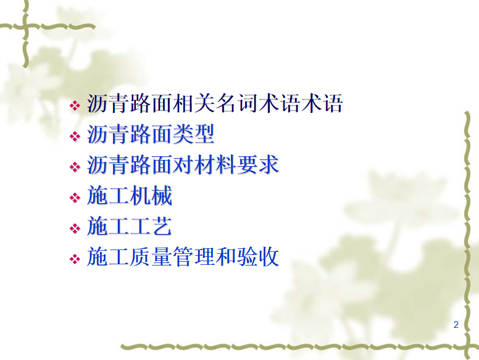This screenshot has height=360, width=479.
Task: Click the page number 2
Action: click(456, 325)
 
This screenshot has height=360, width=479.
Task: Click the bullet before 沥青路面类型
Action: click(75, 136)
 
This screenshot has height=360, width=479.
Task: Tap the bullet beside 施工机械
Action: click(75, 198)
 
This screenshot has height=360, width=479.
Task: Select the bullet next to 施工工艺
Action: click(75, 228)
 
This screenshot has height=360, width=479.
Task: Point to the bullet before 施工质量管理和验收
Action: click(75, 259)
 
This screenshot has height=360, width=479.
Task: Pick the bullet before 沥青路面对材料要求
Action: click(75, 167)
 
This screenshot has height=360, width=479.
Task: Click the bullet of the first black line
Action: click(75, 106)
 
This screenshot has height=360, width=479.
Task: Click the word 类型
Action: click(193, 134)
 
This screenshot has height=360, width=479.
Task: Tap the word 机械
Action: click(151, 196)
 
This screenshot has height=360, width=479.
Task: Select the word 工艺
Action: click(151, 226)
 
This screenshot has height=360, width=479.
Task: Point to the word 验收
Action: click(258, 257)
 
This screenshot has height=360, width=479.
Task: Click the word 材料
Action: click(215, 165)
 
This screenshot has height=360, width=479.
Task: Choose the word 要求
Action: click(258, 165)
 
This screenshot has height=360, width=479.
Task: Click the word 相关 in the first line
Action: click(193, 104)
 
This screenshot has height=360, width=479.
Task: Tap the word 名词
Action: click(236, 104)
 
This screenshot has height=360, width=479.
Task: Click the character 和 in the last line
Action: click(226, 257)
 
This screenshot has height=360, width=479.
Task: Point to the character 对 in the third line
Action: click(183, 165)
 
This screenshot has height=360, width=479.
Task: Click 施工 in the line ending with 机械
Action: click(108, 196)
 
